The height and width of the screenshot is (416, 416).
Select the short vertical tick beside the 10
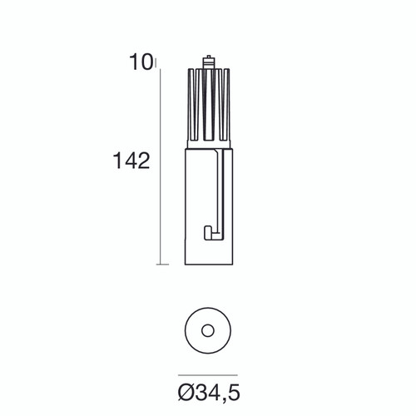coord(156,62)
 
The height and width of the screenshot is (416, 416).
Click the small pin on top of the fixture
coord(207,62)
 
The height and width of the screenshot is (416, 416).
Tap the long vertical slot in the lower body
coord(222,191)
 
